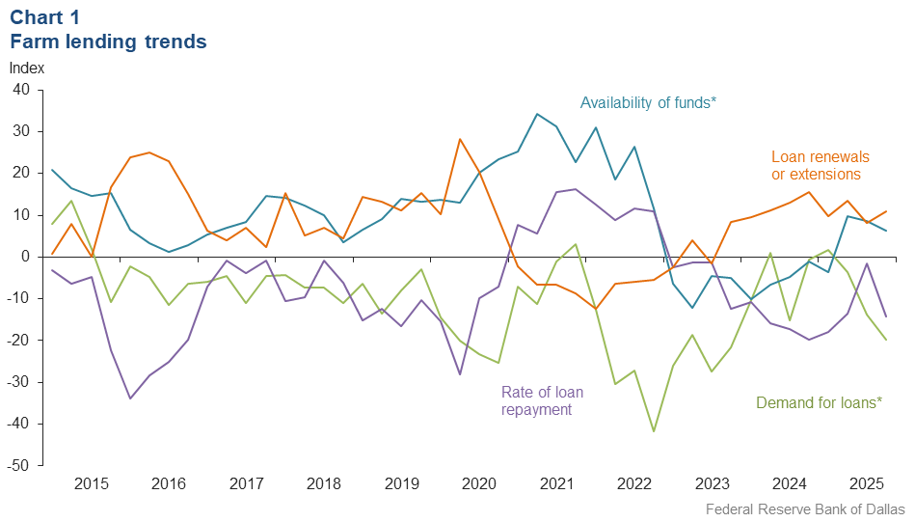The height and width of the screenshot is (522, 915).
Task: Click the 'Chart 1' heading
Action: (x=44, y=16)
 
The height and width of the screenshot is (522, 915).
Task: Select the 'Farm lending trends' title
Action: (x=108, y=41)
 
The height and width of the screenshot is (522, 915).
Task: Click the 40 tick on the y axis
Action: (x=21, y=90)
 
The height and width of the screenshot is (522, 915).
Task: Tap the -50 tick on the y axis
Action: (x=19, y=466)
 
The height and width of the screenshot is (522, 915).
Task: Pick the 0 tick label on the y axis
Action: (x=26, y=257)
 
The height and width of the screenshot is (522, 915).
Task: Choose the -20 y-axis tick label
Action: (x=19, y=341)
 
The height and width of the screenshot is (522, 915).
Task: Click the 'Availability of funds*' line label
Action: (x=648, y=102)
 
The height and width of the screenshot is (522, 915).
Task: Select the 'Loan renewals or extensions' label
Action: (x=820, y=165)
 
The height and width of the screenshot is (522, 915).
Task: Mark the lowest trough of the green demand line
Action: (x=654, y=431)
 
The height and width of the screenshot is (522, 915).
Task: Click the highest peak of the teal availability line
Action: (x=537, y=114)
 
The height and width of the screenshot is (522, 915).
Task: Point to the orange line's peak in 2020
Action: (x=460, y=139)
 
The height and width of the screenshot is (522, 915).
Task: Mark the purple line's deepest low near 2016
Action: (x=130, y=398)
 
